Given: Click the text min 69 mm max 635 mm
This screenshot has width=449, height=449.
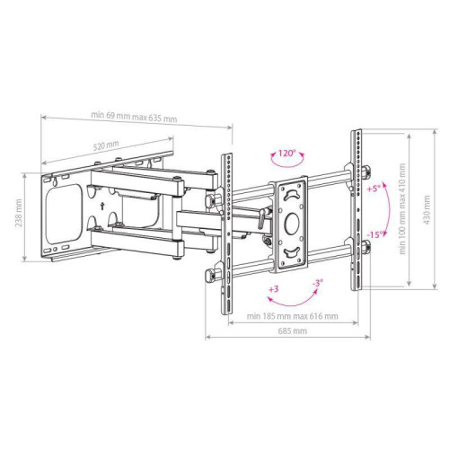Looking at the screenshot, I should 134,117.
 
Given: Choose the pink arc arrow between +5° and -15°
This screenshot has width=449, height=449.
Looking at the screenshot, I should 387,213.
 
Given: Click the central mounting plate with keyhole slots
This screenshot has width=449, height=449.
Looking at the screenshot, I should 291,219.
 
